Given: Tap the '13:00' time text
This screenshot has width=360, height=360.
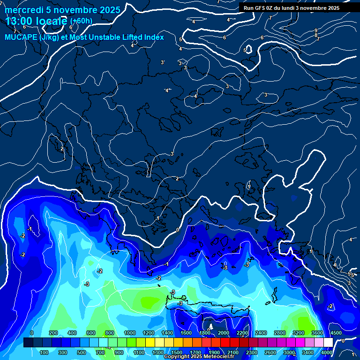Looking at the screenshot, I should click(18, 21).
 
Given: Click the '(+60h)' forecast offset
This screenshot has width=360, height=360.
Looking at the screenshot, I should click(81, 21).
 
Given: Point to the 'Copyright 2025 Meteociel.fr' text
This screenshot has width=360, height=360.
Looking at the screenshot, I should click(198, 357).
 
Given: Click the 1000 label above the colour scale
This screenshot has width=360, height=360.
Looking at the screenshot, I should click(130, 333).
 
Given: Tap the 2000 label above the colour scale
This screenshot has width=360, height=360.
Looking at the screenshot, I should click(224, 333).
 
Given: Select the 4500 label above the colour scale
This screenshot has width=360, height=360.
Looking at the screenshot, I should click(336, 333).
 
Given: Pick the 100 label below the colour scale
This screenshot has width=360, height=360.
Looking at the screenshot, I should click(45, 352).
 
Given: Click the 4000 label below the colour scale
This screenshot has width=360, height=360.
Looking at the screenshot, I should click(327, 352).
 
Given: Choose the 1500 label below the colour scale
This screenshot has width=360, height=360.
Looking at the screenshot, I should click(177, 352).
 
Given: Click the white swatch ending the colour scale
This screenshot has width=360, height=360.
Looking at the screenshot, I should click(328, 343).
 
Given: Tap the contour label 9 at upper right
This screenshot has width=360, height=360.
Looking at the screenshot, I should click(316, 30).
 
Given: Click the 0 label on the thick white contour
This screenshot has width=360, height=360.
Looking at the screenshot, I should click(177, 230).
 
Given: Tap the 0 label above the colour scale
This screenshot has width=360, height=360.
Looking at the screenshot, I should click(32, 333).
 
